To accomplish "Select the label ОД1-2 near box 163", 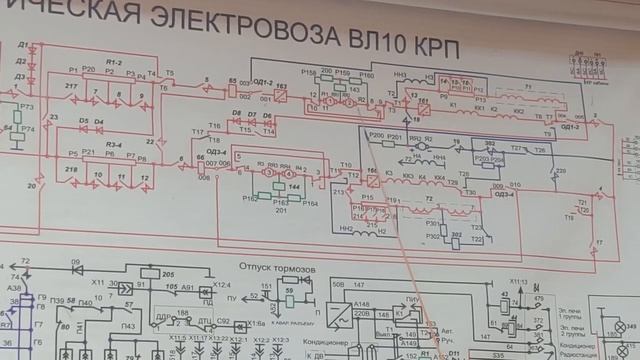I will point(259,81).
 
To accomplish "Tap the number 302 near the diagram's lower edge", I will point(455,235).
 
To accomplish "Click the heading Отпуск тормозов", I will point(275,268).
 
